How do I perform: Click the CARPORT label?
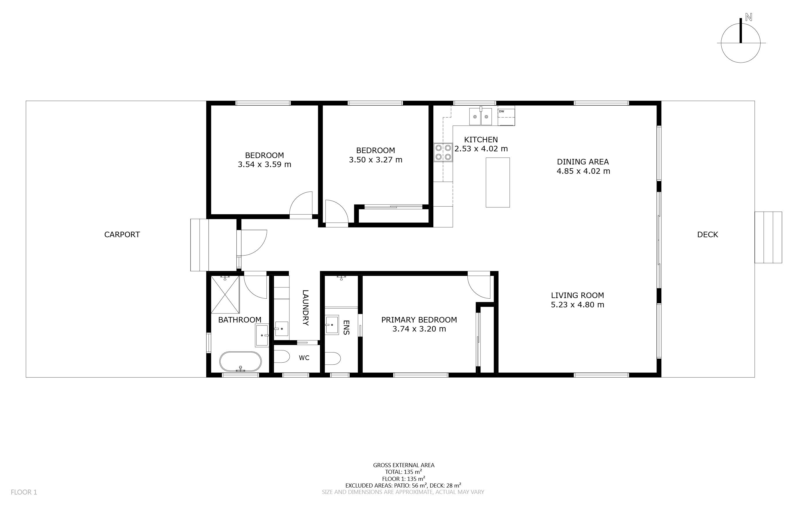point(122,235)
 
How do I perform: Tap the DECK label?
point(708,235)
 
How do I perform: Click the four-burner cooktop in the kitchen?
point(443,152)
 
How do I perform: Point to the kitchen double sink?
point(480,116)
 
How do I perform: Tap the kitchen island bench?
point(498,182)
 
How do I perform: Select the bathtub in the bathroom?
point(240,362)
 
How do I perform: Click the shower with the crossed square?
point(225,295)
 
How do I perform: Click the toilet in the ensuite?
point(332,359)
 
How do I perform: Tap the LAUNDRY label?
point(305,308)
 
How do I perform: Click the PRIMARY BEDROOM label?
point(419,320)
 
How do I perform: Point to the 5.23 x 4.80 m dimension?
point(577,305)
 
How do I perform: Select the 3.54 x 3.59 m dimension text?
point(264,164)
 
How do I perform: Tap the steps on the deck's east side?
point(768,237)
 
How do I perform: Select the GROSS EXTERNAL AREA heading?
point(403,465)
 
